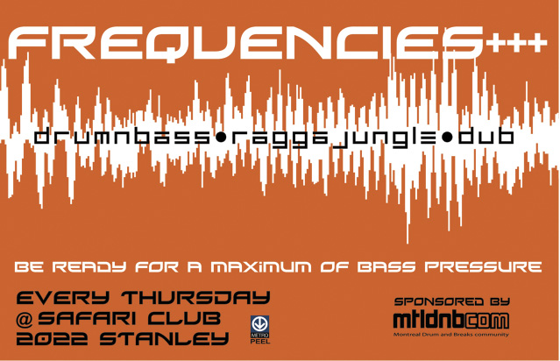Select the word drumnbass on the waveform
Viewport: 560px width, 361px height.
(122, 136)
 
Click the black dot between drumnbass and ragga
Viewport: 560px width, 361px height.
(221, 137)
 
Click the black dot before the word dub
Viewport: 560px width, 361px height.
(446, 137)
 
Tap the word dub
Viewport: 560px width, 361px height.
(486, 136)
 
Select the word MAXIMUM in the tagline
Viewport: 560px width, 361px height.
(260, 266)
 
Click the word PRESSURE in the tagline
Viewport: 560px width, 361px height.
(483, 266)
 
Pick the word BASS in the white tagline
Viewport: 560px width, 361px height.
(386, 266)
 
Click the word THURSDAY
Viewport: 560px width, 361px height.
(195, 297)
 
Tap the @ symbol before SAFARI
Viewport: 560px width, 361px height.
(25, 319)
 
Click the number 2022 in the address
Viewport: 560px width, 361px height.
(52, 338)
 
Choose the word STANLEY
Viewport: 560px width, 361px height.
(164, 338)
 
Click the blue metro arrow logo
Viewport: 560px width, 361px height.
(259, 324)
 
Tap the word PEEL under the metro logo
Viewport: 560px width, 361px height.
(260, 342)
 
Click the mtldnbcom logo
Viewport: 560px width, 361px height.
(450, 321)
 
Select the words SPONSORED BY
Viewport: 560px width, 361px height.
(452, 301)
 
